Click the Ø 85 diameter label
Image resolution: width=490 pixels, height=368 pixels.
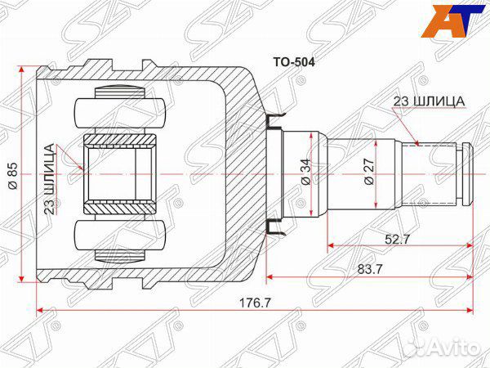click(x=12, y=173)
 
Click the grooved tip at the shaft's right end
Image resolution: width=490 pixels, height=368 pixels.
click(x=466, y=173)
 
